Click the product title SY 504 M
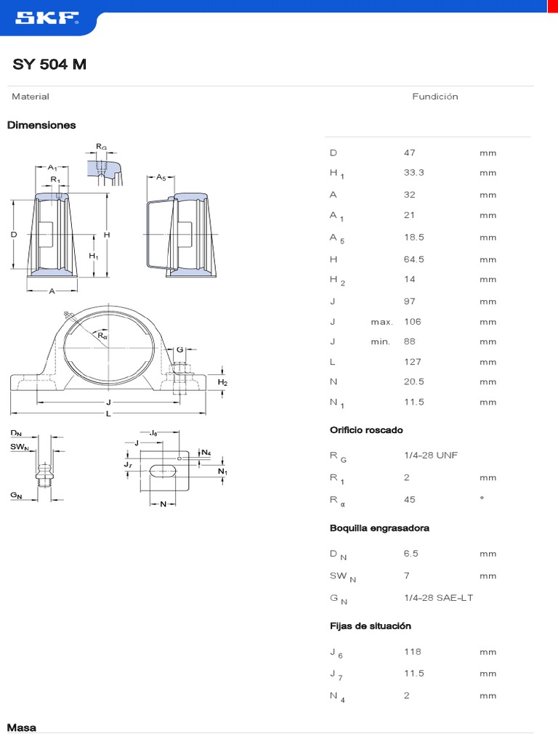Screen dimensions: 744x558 49,65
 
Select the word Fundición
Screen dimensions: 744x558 435,97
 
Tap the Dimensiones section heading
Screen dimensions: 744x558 41,125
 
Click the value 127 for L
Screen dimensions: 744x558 413,362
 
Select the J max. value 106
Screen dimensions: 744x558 413,322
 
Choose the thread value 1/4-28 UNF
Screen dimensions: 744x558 431,456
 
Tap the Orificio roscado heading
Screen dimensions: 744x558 366,430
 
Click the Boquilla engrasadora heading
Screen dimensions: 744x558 379,528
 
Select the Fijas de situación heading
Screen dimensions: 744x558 371,626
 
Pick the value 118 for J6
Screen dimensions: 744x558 413,652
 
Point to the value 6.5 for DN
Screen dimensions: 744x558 411,554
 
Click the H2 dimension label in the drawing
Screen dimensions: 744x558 223,382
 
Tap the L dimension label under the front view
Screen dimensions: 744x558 108,413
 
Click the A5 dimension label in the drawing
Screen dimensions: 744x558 161,177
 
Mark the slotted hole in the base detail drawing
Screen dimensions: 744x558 164,470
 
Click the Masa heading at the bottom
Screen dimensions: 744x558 22,727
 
